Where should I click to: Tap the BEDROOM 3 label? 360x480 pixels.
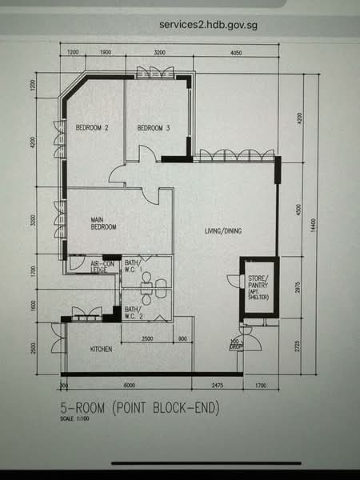[x=153, y=128]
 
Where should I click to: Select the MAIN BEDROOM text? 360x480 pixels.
[x=103, y=223]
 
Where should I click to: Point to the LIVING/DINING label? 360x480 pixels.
[x=223, y=232]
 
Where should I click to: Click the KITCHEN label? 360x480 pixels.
[x=100, y=350]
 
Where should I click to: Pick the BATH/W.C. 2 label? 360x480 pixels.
[x=134, y=312]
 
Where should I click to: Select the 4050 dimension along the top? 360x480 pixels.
[x=236, y=52]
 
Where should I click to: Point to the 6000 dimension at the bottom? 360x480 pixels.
[x=130, y=386]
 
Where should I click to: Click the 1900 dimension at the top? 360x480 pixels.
[x=104, y=52]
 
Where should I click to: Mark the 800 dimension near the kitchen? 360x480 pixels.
[x=183, y=338]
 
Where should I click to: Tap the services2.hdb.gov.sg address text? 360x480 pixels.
[x=208, y=24]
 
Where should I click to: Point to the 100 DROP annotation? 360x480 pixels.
[x=236, y=346]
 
